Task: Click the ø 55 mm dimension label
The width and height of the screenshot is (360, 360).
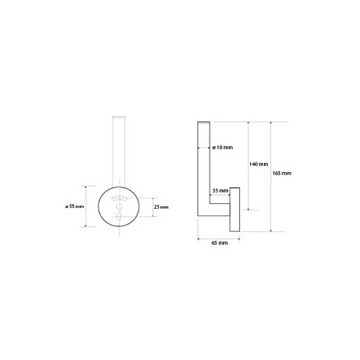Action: click(74, 206)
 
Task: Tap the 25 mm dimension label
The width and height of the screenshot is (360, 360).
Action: click(161, 207)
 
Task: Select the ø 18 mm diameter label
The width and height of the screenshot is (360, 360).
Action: click(222, 147)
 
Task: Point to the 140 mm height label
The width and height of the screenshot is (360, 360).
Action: click(258, 164)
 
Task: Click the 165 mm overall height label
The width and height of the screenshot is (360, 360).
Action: click(282, 174)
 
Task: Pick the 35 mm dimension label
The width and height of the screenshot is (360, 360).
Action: click(220, 190)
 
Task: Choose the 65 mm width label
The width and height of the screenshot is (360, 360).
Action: click(220, 243)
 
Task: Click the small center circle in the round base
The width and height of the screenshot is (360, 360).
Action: click(119, 206)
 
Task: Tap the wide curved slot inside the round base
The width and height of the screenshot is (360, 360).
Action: click(119, 198)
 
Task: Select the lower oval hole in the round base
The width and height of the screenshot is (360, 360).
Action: click(119, 216)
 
